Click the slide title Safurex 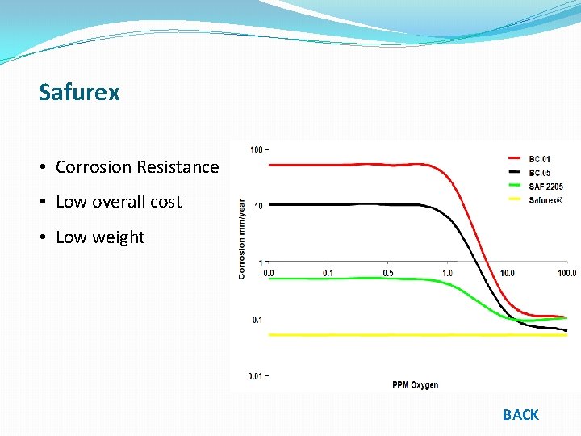point(79,92)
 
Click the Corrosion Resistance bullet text point(136,167)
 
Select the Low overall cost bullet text point(118,202)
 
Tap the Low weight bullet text point(99,237)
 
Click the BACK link point(520,414)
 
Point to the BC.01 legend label point(540,159)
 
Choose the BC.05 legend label point(540,173)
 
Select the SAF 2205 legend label point(545,187)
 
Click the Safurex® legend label point(546,200)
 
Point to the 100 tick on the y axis point(257,149)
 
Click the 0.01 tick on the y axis point(257,375)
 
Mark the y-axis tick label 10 point(258,206)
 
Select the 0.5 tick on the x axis point(388,273)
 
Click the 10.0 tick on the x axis point(506,273)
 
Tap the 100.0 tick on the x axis point(566,273)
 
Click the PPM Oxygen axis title point(415,384)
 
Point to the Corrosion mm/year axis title point(241,240)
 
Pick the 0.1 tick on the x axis point(327,273)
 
